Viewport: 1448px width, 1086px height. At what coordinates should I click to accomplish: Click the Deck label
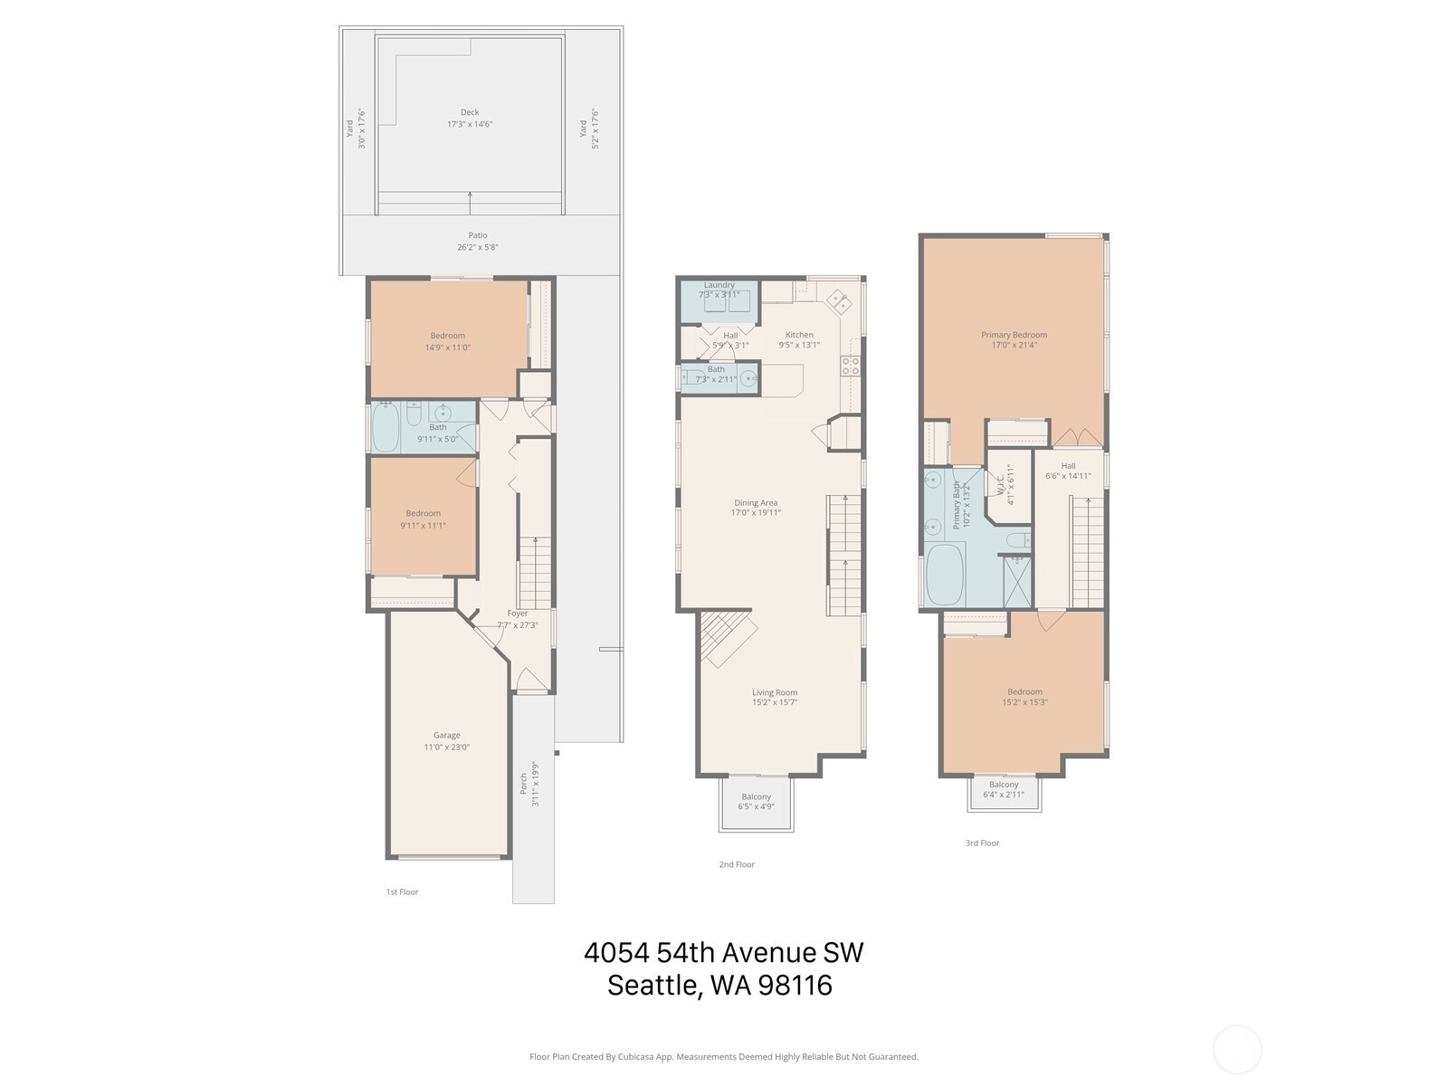coord(469,112)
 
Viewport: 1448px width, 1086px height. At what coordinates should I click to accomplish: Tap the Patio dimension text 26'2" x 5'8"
coord(478,247)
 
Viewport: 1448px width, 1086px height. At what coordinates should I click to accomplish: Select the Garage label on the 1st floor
coord(446,735)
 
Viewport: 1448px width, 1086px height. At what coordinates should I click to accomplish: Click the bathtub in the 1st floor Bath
coord(386,427)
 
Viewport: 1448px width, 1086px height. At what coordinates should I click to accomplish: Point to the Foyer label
coord(518,614)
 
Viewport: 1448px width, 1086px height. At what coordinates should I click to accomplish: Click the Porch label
coord(523,784)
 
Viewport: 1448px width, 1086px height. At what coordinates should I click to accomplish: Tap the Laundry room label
coord(719,285)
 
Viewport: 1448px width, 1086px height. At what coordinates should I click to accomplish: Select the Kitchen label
coord(799,335)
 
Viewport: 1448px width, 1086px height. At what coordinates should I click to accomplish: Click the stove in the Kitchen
coord(851,366)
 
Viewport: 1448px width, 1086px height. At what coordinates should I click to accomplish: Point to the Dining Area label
coord(755,502)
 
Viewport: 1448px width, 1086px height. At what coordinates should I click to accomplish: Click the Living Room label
coord(775,692)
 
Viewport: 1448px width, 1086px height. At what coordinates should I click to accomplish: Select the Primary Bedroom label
coord(1014,335)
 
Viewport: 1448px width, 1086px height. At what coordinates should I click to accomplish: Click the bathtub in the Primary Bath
coord(946,576)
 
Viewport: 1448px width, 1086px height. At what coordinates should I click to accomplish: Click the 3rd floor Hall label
coord(1068,466)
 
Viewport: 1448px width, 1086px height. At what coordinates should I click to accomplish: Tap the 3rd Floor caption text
coord(982,843)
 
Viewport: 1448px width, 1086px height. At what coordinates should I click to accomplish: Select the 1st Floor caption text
coord(402,892)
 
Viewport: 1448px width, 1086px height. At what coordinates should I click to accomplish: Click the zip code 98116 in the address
coord(795,985)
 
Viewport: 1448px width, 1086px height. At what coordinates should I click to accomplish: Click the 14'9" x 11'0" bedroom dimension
coord(448,348)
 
